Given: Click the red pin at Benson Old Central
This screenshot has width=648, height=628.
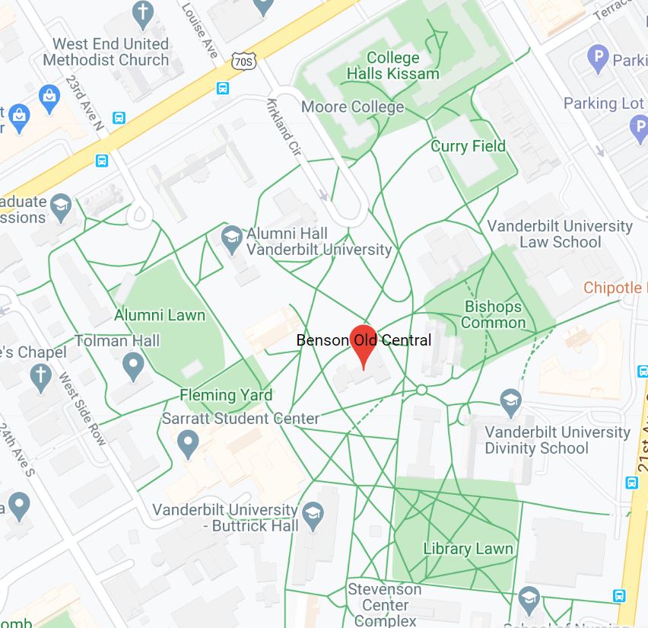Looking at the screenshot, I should (x=363, y=344).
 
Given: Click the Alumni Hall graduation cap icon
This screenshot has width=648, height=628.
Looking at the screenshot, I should (x=232, y=239).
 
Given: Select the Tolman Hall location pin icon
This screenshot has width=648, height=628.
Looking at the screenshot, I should (x=134, y=367).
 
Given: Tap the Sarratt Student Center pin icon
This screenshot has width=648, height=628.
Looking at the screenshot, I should (x=188, y=443).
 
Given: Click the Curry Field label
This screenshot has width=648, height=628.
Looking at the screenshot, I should (x=468, y=146).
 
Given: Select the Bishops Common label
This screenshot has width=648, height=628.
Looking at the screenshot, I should (x=494, y=314).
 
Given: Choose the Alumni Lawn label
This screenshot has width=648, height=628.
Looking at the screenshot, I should (x=160, y=314).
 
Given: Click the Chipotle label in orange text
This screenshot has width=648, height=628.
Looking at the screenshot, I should (x=613, y=288).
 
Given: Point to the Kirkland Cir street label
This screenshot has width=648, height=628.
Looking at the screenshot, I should (x=285, y=129).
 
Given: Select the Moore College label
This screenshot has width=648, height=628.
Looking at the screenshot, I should (x=352, y=107).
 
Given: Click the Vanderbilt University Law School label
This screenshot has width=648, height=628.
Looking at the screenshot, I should (x=560, y=234).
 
